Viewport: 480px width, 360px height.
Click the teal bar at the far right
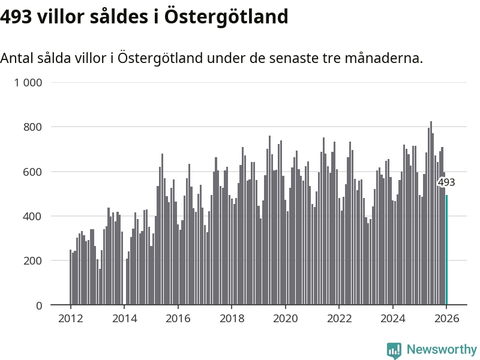point(446,250)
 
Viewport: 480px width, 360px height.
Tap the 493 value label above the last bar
point(446,182)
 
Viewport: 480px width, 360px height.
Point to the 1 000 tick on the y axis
point(28,83)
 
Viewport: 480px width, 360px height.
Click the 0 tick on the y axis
point(39,305)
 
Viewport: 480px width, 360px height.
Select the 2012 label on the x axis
point(70,319)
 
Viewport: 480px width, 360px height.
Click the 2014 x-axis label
point(124,319)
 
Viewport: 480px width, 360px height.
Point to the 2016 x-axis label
point(178,319)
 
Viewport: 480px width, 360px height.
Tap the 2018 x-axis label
point(232,319)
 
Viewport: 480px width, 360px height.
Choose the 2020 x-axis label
point(286,319)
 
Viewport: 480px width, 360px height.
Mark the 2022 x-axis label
point(339,319)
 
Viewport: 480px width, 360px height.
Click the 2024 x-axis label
point(393,319)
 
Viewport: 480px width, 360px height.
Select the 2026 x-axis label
point(446,319)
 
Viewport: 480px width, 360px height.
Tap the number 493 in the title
point(15,17)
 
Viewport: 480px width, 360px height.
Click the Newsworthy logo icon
point(394,350)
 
